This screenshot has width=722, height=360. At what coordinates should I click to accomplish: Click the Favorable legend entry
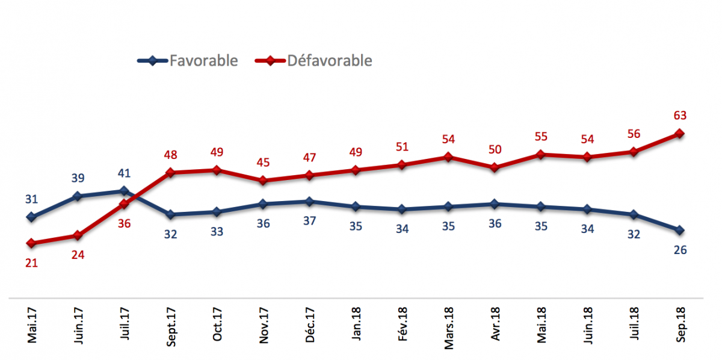(x=188, y=61)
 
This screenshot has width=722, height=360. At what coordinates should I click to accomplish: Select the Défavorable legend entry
(x=313, y=61)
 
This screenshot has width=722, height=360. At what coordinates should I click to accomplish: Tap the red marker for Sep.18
(x=679, y=134)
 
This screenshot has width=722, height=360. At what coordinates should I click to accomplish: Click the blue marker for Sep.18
(x=679, y=231)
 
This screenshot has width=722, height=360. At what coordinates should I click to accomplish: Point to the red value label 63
(x=680, y=116)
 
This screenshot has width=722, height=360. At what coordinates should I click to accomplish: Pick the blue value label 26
(x=680, y=250)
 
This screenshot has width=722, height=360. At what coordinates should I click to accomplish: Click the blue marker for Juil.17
(x=124, y=191)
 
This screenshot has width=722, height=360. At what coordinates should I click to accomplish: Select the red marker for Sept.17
(x=170, y=173)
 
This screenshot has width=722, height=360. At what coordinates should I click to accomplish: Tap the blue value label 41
(x=124, y=173)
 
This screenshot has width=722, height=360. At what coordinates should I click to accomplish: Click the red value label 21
(x=31, y=263)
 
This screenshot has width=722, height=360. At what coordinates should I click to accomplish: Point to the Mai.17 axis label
(x=32, y=326)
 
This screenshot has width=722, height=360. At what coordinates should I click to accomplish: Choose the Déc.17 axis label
(x=310, y=325)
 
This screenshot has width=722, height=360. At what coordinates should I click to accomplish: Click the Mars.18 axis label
(x=449, y=328)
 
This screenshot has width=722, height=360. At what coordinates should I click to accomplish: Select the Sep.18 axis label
(x=680, y=325)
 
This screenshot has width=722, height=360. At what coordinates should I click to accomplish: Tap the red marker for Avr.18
(x=495, y=167)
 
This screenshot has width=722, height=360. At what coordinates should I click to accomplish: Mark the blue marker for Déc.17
(x=309, y=202)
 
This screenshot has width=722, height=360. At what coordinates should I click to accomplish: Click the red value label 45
(x=263, y=163)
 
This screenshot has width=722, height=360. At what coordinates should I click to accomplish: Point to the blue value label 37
(x=309, y=221)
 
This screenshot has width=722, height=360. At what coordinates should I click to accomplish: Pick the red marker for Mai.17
(x=31, y=243)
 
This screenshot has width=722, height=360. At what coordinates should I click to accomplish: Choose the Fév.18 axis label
(x=403, y=324)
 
